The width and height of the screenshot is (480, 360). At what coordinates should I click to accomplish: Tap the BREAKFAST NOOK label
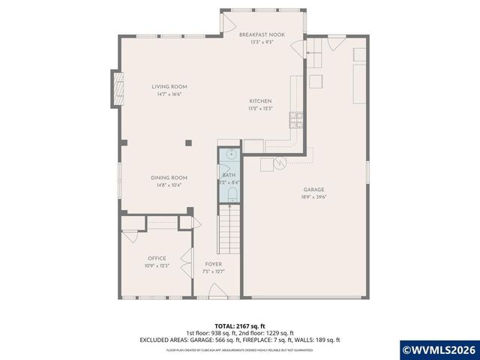[x=262, y=35]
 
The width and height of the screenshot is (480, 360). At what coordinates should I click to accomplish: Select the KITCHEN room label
[x=261, y=101]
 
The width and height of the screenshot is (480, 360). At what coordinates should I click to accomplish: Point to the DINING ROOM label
[x=168, y=178]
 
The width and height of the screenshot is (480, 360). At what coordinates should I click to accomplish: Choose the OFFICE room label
[x=157, y=258]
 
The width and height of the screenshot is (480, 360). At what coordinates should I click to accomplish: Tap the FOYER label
[x=214, y=264]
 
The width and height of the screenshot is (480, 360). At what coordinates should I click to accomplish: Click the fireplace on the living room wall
[x=116, y=88]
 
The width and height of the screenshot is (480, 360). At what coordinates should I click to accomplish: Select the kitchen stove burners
[x=297, y=118]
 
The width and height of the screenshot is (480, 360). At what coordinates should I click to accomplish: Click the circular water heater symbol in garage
[x=280, y=163]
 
